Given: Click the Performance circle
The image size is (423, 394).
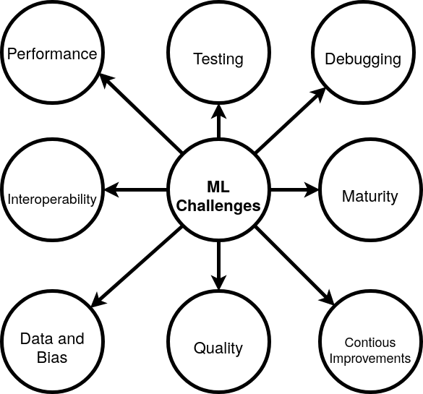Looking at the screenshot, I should click(52, 54).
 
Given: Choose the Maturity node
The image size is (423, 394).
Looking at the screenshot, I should click(369, 196).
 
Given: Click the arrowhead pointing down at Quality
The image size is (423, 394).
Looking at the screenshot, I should click(218, 283).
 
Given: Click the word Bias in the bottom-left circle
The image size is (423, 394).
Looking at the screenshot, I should click(51, 357).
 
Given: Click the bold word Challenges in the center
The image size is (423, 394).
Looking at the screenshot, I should click(218, 206).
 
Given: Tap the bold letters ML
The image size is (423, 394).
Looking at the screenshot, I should click(218, 188).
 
